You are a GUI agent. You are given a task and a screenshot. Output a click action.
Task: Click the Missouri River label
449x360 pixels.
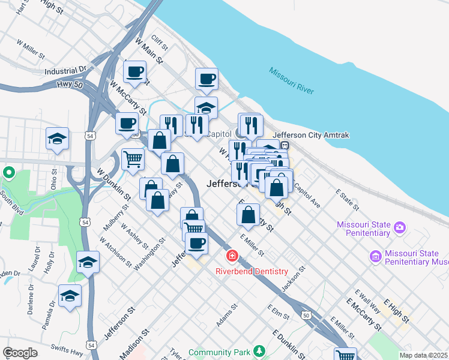tap(292, 81)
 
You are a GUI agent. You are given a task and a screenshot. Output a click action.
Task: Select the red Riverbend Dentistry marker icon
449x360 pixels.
tap(232, 257)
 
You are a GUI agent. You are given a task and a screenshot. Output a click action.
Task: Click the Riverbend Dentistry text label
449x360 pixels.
tap(252, 272)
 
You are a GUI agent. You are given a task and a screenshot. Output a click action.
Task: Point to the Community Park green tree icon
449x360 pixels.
tap(259, 350)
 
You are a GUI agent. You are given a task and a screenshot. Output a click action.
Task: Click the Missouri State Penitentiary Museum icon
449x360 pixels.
tap(376, 257)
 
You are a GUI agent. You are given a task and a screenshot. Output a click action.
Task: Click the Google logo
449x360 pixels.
tap(20, 353)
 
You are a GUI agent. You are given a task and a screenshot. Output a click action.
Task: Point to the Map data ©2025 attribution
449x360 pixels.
tap(424, 355)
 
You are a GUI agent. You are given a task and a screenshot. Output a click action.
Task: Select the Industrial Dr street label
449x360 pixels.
tap(66, 71)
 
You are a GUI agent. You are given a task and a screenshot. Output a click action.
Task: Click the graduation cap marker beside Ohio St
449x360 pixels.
tap(58, 139)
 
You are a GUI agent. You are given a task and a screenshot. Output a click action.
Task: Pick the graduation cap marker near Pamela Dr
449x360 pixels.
tap(70, 296)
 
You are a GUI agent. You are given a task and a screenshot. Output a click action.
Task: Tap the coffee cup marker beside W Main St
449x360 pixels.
tap(134, 72)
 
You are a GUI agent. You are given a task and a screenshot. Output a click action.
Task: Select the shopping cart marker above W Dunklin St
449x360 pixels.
tap(133, 159)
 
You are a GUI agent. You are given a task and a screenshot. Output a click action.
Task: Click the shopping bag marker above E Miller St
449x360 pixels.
tap(248, 214)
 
